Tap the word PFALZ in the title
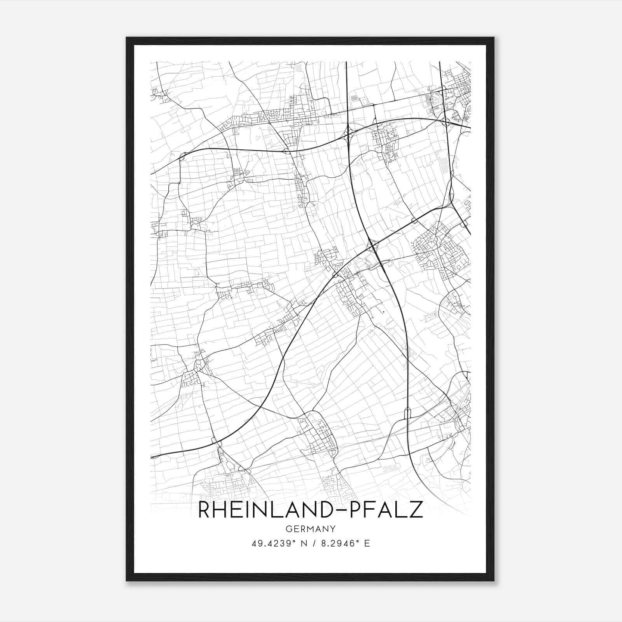coord(387,510)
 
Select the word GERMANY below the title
coord(311,529)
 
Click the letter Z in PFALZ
coord(416,510)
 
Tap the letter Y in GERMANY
coord(333,529)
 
